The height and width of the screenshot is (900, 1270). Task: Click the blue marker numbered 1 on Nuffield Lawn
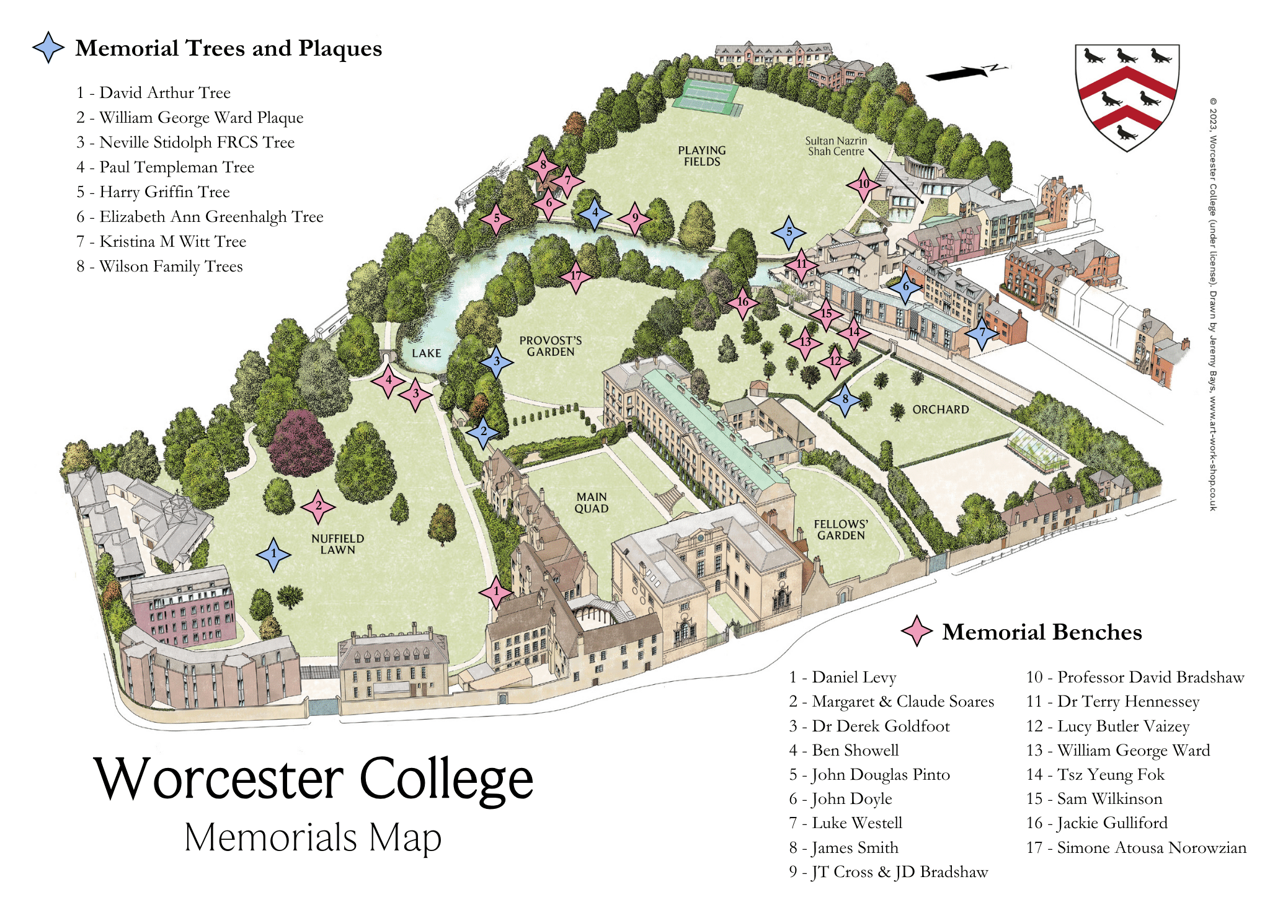(273, 554)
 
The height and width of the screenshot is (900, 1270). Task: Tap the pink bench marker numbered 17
(576, 276)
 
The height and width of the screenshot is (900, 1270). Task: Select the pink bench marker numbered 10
(864, 185)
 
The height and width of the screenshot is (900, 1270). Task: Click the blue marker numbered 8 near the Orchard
(845, 400)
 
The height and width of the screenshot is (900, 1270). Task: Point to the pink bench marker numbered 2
(318, 506)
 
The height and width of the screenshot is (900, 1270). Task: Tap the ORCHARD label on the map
(940, 410)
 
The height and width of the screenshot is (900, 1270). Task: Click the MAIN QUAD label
(592, 503)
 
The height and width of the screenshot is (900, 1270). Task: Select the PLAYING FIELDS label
(702, 156)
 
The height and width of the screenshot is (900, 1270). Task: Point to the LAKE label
(427, 353)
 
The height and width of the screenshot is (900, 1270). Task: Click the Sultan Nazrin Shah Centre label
(836, 146)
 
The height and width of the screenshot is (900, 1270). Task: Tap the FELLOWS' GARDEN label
(841, 530)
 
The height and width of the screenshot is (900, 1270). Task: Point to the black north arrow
(964, 73)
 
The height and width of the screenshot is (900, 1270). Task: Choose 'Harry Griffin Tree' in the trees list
(164, 192)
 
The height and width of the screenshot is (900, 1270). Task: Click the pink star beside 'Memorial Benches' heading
(917, 631)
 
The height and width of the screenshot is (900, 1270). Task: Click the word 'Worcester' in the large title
(219, 779)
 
